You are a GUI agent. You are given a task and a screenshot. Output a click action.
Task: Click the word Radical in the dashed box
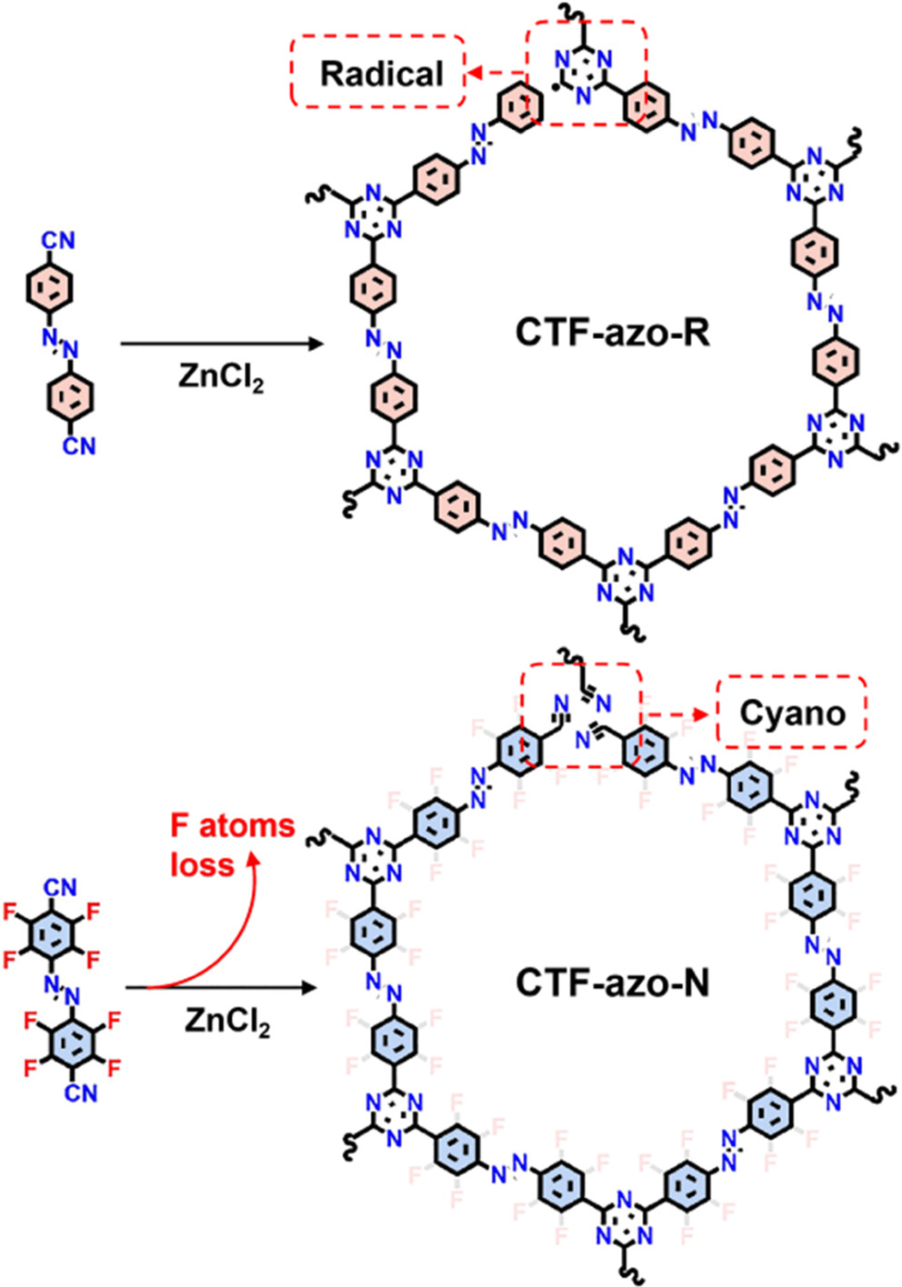click(381, 73)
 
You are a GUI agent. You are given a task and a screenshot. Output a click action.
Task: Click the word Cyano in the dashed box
click(792, 713)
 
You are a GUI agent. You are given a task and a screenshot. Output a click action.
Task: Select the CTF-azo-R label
click(612, 332)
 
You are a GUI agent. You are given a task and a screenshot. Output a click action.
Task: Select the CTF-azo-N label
click(612, 982)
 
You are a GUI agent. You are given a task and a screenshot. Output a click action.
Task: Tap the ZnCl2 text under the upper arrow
click(221, 375)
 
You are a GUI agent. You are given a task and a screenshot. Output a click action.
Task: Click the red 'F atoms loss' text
click(233, 844)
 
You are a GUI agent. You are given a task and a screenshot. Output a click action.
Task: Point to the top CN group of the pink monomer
click(58, 241)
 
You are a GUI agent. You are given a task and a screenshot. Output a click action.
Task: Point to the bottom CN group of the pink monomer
click(79, 445)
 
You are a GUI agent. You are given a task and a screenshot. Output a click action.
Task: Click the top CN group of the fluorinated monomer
click(59, 886)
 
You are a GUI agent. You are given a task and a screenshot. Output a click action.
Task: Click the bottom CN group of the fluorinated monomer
click(80, 1092)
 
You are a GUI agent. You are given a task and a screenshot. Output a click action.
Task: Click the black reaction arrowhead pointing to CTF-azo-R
click(316, 344)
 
